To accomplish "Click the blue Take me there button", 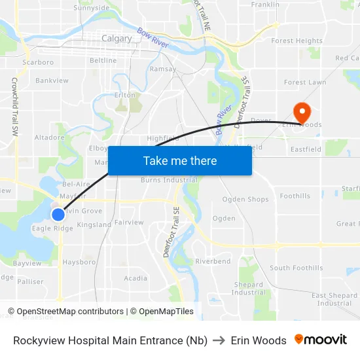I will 179,160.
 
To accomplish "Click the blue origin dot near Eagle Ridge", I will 58,214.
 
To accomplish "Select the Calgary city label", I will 117,39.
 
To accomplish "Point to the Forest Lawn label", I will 304,82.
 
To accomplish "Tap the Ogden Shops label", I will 245,199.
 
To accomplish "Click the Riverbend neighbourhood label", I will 213,261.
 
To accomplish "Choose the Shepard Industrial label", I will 248,288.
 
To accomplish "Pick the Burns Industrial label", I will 169,180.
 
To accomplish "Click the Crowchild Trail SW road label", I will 14,107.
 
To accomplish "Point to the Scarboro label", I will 38,62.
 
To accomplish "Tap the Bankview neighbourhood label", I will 52,81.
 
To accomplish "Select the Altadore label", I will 49,137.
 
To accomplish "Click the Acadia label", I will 135,278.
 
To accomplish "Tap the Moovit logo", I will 321,340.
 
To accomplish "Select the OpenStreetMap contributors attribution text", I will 65,312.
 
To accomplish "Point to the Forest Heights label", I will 297,41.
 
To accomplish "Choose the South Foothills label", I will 296,268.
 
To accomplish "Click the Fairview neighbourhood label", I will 128,223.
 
